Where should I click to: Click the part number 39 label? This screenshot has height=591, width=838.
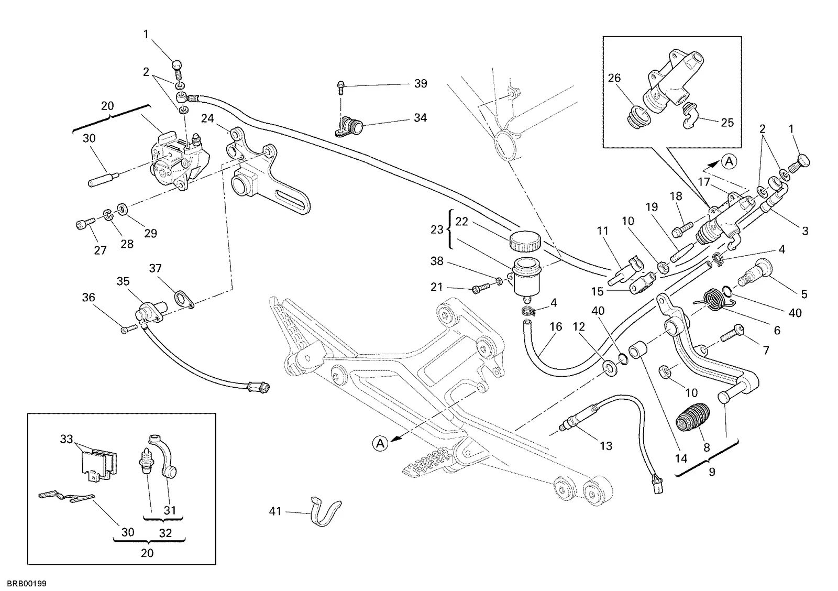coord(421,83)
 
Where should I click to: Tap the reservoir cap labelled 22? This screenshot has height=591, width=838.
coord(524,242)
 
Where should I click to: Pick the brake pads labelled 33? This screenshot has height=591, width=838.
coord(99,464)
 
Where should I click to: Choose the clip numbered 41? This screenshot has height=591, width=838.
coord(325,511)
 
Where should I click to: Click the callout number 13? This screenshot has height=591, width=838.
coord(605,446)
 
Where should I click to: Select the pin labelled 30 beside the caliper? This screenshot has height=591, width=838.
coord(104,179)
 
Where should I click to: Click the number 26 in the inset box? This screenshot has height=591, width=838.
coord(614,78)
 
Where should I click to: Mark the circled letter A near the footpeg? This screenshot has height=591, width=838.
coord(380,444)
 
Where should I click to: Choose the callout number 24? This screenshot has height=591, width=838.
coord(207,118)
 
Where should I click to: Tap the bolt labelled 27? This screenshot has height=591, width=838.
coord(86,224)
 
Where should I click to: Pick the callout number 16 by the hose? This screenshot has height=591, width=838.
coord(556,327)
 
